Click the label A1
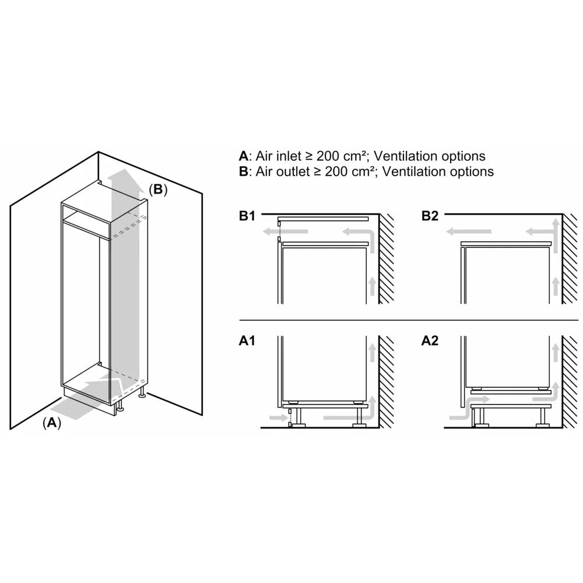[247, 342]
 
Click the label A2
[430, 342]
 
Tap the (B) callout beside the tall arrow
[157, 189]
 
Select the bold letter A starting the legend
[243, 156]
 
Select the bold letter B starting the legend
[243, 171]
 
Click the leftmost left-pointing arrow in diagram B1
[269, 233]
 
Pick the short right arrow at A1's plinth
[273, 417]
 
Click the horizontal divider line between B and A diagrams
[408, 320]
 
